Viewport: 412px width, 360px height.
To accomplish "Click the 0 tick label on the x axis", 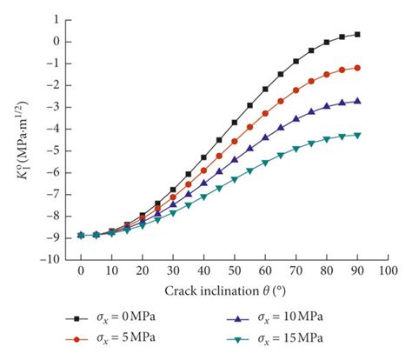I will click(x=81, y=271).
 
